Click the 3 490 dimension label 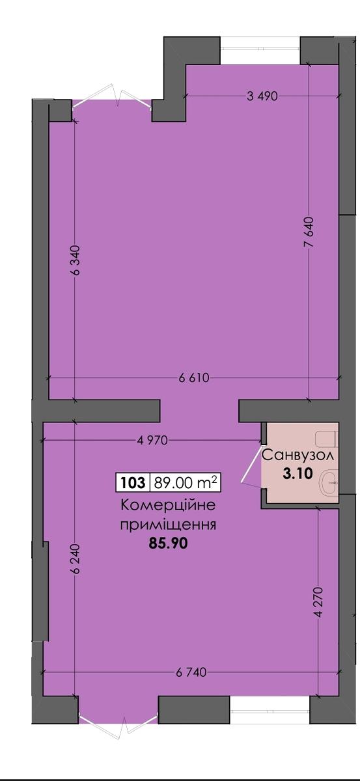coord(262,96)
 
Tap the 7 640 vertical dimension coord(309,232)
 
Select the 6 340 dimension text coord(75,260)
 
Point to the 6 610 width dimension coord(194,378)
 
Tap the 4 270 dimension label coord(318,603)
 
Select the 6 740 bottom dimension coord(191,672)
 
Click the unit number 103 coord(133,483)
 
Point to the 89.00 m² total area coord(186,482)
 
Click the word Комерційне coord(168,505)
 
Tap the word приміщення coord(168,525)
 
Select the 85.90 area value coord(168,543)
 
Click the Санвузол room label coord(298,456)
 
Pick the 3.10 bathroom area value coord(298,474)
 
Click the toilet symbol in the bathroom coord(327,439)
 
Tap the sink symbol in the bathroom coord(329,483)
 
